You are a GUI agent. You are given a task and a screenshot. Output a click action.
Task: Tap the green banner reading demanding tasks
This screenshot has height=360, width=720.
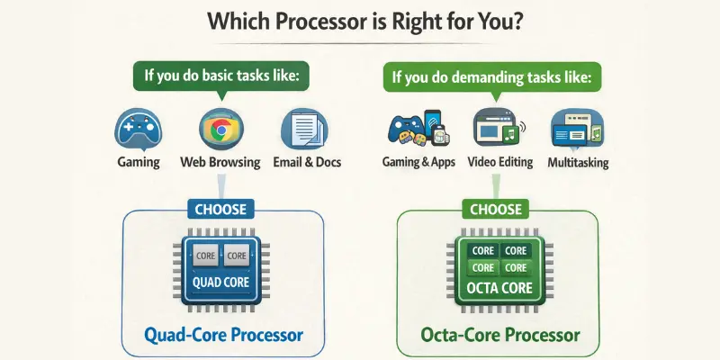pyautogui.click(x=492, y=78)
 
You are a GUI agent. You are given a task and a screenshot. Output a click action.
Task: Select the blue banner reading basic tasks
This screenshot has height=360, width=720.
pyautogui.click(x=220, y=75)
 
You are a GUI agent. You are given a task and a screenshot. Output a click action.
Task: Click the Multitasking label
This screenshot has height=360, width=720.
pyautogui.click(x=578, y=164)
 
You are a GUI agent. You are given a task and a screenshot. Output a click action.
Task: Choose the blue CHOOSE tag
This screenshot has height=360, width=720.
pyautogui.click(x=221, y=210)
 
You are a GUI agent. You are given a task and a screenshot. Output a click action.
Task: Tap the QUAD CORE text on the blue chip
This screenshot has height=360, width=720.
pyautogui.click(x=221, y=282)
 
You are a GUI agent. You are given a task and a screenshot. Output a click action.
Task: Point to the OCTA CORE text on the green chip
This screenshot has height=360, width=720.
pyautogui.click(x=498, y=289)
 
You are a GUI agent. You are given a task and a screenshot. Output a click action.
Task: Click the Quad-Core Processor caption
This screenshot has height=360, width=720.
pyautogui.click(x=223, y=336)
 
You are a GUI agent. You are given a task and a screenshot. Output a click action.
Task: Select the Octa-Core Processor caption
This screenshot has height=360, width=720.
pyautogui.click(x=500, y=336)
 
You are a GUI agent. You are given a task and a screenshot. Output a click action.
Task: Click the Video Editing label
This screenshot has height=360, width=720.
pyautogui.click(x=500, y=164)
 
